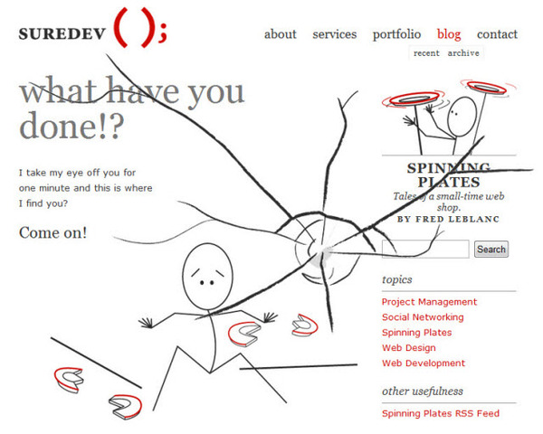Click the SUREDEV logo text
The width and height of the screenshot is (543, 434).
tap(62, 34)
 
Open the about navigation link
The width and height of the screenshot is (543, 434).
tap(281, 34)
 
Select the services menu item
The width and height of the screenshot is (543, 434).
tap(335, 34)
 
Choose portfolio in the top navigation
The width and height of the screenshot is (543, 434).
tap(397, 34)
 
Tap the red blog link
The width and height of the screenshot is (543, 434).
tap(449, 34)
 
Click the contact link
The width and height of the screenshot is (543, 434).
tap(497, 34)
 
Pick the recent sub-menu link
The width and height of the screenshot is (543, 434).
tap(426, 53)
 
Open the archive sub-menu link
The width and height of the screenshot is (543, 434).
tap(463, 53)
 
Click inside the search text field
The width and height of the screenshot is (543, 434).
tap(425, 249)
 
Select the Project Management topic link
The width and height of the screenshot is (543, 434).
tap(429, 302)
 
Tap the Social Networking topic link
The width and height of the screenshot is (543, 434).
tap(423, 317)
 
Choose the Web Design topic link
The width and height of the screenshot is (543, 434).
tap(409, 348)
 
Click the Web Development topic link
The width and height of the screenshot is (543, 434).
tap(424, 363)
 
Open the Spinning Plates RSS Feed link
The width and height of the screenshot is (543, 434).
tap(441, 413)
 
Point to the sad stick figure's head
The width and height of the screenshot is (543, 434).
tap(208, 277)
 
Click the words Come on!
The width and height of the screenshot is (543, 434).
tap(53, 232)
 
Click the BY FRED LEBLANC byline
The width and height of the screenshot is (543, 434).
tap(448, 219)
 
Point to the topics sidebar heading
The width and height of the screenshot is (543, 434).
tap(397, 279)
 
